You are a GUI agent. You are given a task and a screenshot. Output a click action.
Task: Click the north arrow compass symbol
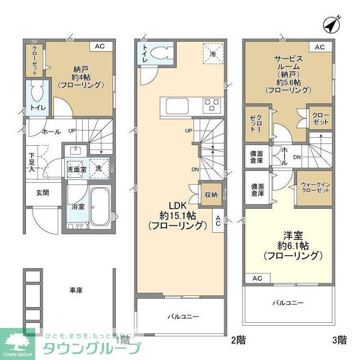coord(333,25)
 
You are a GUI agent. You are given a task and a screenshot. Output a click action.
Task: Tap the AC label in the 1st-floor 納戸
coord(99,47)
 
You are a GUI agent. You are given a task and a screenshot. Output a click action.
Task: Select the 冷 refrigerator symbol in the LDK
coord(213,55)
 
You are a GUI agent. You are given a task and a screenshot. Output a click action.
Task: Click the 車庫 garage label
coord(76,290)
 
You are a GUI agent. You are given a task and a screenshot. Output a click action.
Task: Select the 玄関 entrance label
coord(43,193)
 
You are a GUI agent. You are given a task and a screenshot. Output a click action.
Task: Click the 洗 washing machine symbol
coord(98,168)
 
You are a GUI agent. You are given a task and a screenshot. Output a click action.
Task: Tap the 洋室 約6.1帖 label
coord(293,243)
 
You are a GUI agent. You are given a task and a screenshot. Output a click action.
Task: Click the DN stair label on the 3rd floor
coord(297,157)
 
